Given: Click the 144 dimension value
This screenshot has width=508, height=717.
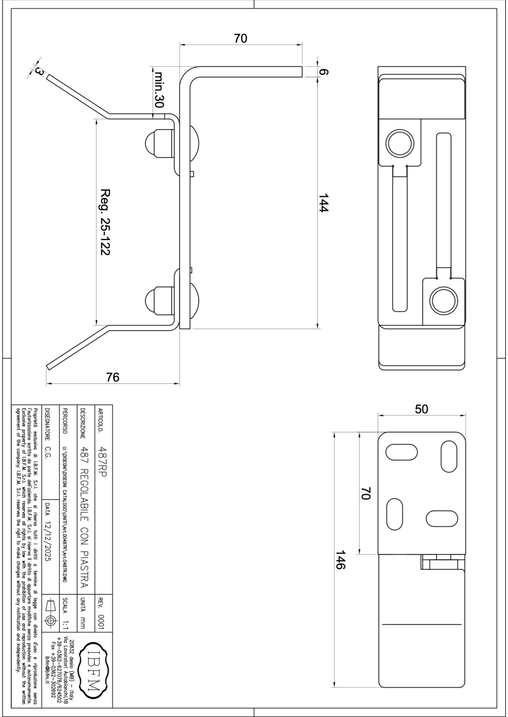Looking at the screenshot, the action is point(323,202).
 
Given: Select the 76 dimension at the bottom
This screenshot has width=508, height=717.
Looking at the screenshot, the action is point(113,377).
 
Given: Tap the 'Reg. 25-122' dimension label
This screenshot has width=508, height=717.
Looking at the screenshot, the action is point(105,222).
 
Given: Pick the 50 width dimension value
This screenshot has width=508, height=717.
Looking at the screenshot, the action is point(422,409).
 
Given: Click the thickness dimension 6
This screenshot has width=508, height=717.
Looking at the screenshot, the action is point(324,72).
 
